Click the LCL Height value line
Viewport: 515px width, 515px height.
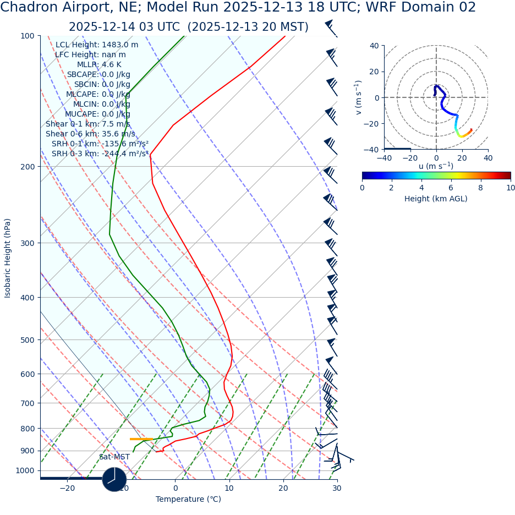pos(97,45)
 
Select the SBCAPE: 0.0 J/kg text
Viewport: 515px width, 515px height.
pos(98,74)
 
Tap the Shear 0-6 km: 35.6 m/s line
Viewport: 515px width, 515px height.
pos(90,134)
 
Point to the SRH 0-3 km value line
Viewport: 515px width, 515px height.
pos(100,154)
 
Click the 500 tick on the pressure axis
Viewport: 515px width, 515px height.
pos(27,340)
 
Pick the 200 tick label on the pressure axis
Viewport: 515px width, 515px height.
pos(27,167)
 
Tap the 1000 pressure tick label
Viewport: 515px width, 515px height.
pos(25,470)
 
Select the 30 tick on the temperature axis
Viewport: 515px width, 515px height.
pos(337,488)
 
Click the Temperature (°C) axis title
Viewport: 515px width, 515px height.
pos(188,499)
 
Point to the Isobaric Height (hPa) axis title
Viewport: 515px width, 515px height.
pos(8,258)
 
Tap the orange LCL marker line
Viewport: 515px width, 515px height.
pos(141,439)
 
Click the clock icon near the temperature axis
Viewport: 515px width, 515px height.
pos(114,479)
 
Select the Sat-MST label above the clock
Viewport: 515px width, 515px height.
pos(114,457)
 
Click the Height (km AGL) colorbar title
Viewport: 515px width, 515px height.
pos(436,199)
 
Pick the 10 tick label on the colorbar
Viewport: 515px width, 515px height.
pos(510,188)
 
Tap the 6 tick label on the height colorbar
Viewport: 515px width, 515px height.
pos(451,188)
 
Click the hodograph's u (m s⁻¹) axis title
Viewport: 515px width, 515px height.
pos(436,166)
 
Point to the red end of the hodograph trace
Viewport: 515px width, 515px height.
pos(471,130)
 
